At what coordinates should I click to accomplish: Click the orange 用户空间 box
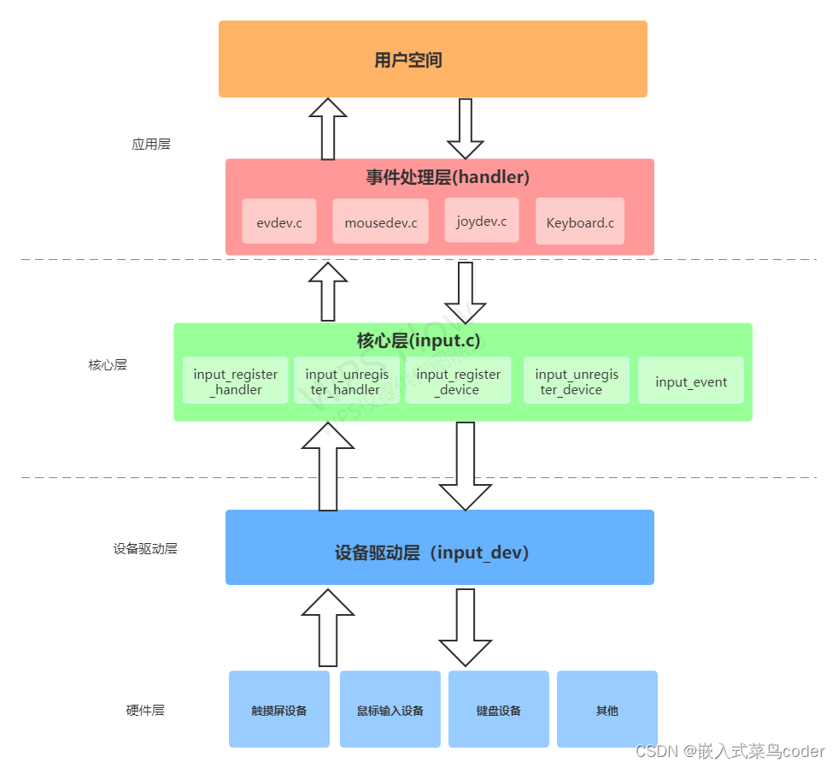432,59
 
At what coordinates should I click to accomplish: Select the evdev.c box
278,222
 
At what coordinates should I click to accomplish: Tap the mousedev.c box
380,222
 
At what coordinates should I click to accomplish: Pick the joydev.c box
481,221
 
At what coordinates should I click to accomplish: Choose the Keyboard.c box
579,222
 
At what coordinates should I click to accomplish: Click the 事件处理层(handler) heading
448,177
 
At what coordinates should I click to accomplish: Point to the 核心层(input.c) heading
418,340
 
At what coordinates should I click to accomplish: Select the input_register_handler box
236,381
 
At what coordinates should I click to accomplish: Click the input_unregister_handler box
347,381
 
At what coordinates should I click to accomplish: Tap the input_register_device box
458,381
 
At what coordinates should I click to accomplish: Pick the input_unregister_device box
576,381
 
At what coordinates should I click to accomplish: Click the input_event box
690,381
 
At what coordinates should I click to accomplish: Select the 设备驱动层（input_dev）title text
432,552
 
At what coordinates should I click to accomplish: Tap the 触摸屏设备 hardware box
278,710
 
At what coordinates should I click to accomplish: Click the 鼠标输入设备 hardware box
390,710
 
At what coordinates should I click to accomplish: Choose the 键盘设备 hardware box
498,710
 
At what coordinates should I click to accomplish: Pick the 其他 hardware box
607,710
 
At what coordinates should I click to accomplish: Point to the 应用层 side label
151,144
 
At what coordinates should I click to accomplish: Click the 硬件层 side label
145,710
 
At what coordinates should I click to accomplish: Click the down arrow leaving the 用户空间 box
466,128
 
